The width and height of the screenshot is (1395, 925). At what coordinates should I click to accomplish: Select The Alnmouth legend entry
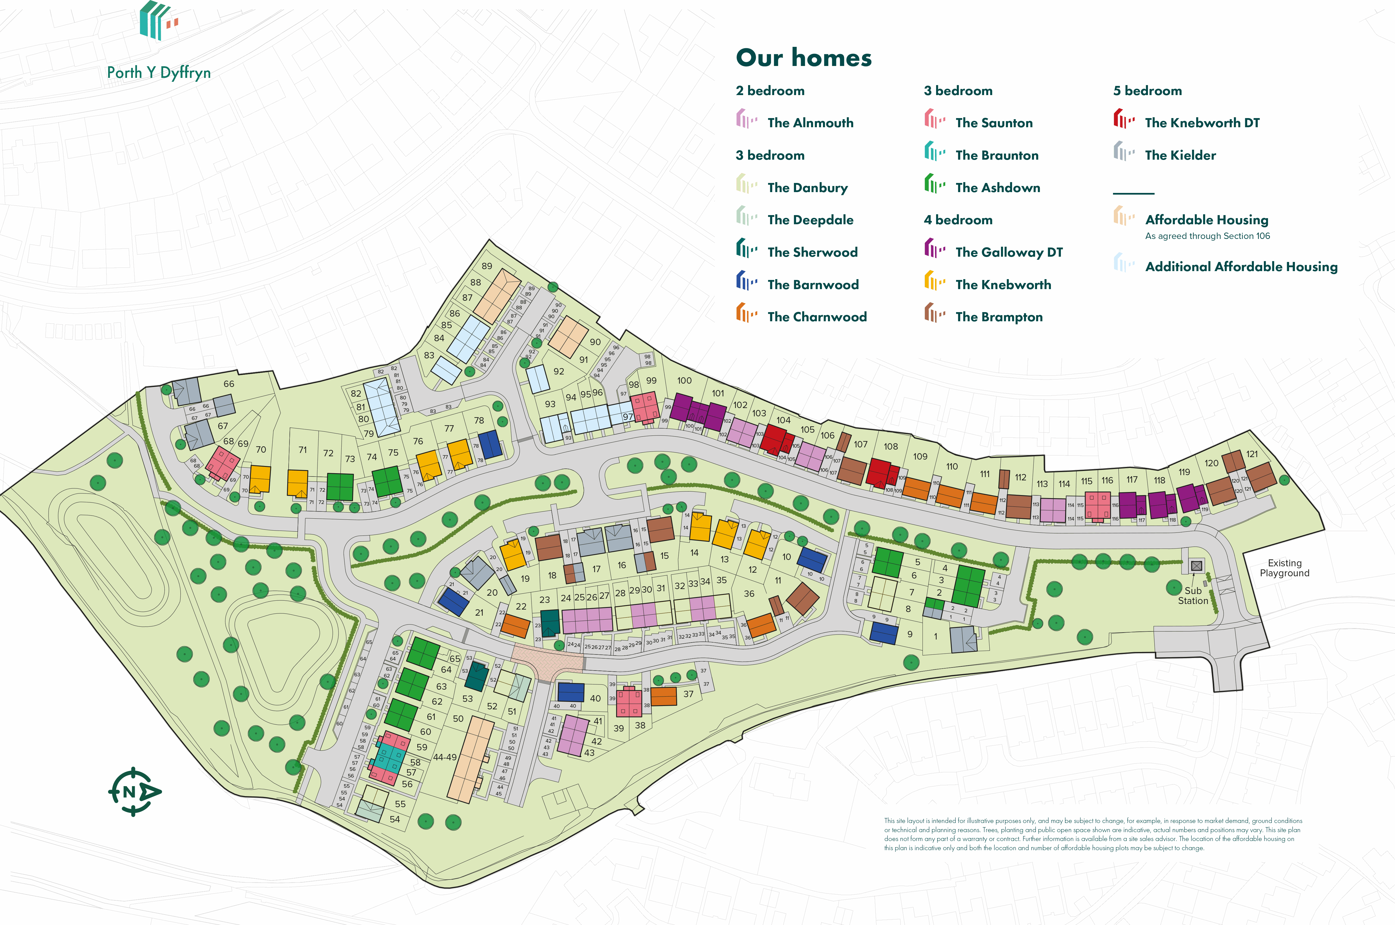pyautogui.click(x=810, y=123)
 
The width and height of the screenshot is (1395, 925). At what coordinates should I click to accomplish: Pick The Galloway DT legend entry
pyautogui.click(x=1008, y=253)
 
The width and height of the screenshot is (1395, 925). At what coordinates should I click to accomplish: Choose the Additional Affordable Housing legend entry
pyautogui.click(x=1241, y=267)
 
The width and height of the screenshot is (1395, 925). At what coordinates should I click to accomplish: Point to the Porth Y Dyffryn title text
pyautogui.click(x=159, y=73)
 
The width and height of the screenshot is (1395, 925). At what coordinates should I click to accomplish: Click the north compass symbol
pyautogui.click(x=134, y=791)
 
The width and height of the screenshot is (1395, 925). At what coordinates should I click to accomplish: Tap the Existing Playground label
pyautogui.click(x=1284, y=568)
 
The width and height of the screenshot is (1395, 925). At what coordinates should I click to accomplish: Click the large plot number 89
pyautogui.click(x=487, y=266)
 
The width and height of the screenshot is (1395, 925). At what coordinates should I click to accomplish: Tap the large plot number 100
pyautogui.click(x=684, y=381)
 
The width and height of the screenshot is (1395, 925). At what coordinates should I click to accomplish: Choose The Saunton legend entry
pyautogui.click(x=994, y=123)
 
